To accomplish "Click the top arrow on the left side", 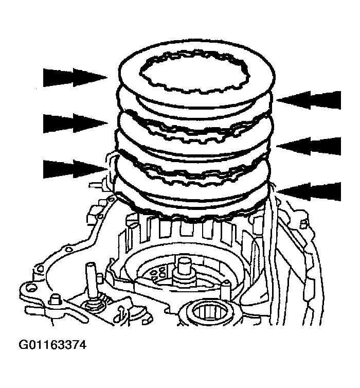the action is (x=75, y=78).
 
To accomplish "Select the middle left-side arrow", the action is (x=75, y=123).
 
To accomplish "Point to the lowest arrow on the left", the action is (x=75, y=169).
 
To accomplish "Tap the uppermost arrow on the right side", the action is (x=309, y=100).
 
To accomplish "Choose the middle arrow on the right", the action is (x=309, y=146).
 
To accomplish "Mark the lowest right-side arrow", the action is (x=309, y=192).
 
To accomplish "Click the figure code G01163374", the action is (x=52, y=345).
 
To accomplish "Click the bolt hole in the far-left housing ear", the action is (x=31, y=288).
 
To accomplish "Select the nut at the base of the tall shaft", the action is (x=93, y=304).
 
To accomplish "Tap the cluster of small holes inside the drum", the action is (x=158, y=273).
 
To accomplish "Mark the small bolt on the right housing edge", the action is (x=303, y=223).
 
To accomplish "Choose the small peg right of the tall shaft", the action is (x=99, y=278).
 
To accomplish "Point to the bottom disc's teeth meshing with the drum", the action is (x=193, y=218).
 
